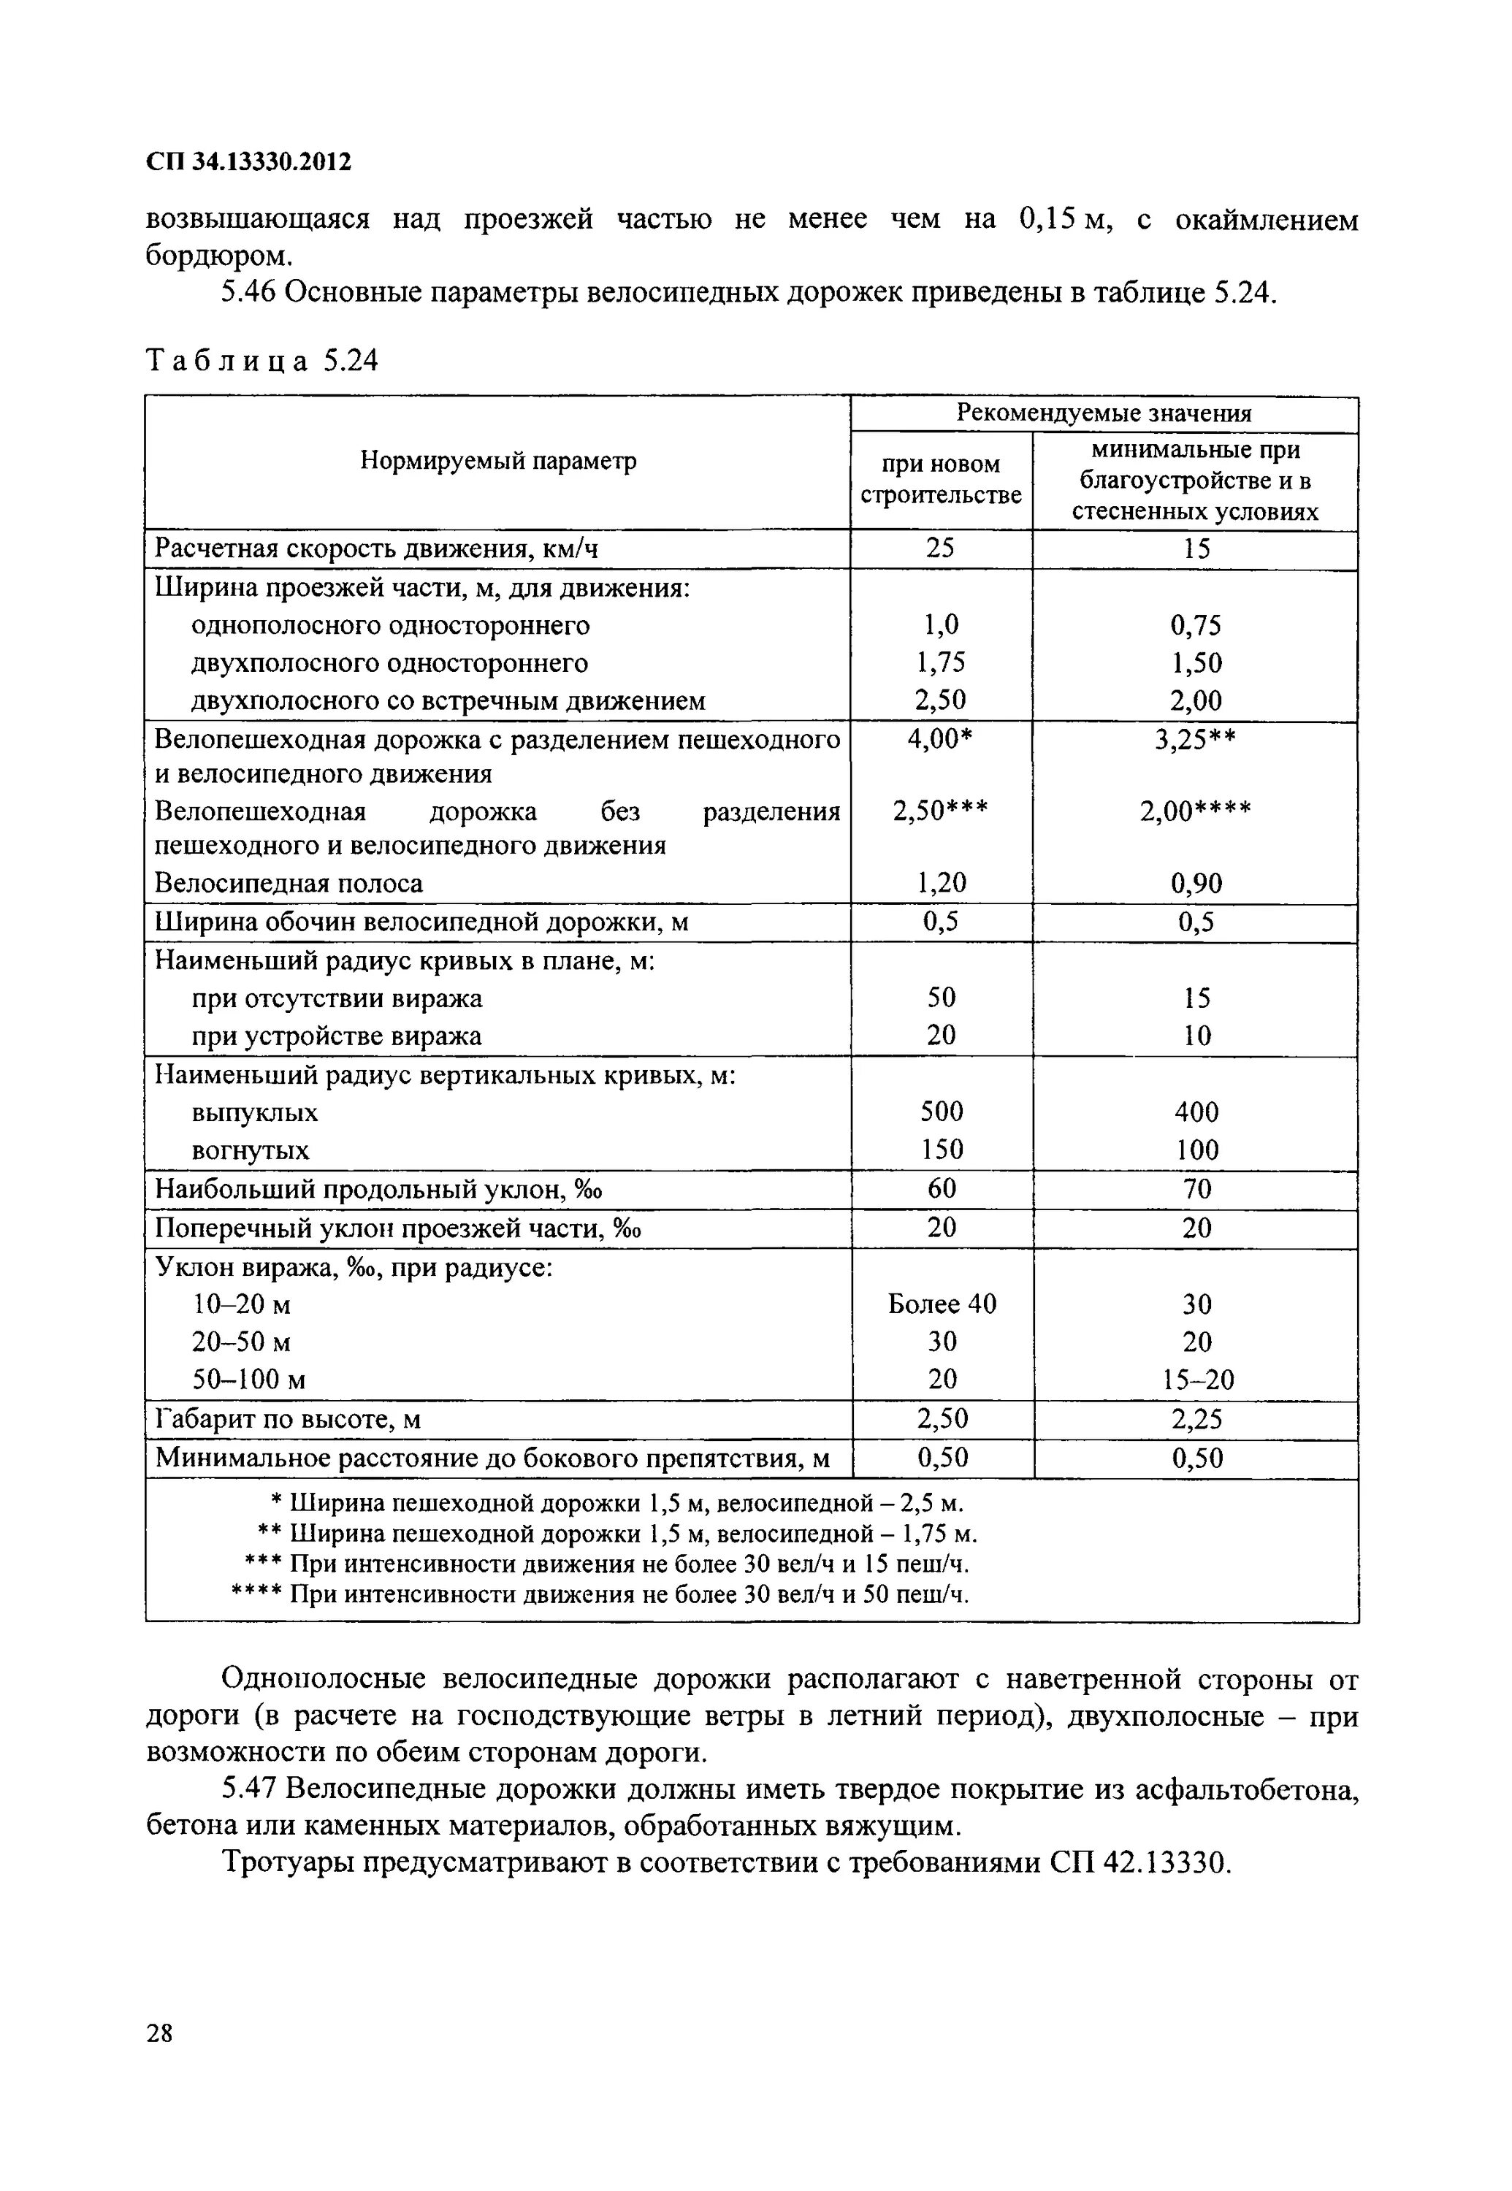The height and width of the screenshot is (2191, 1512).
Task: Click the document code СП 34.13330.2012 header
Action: click(x=248, y=162)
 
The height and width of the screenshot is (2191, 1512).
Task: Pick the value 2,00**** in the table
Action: click(x=1195, y=812)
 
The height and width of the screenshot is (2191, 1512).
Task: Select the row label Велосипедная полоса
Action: click(x=288, y=884)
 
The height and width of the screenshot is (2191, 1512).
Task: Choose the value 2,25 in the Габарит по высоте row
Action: click(x=1196, y=1419)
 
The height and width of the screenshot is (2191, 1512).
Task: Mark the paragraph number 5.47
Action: click(x=248, y=1789)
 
